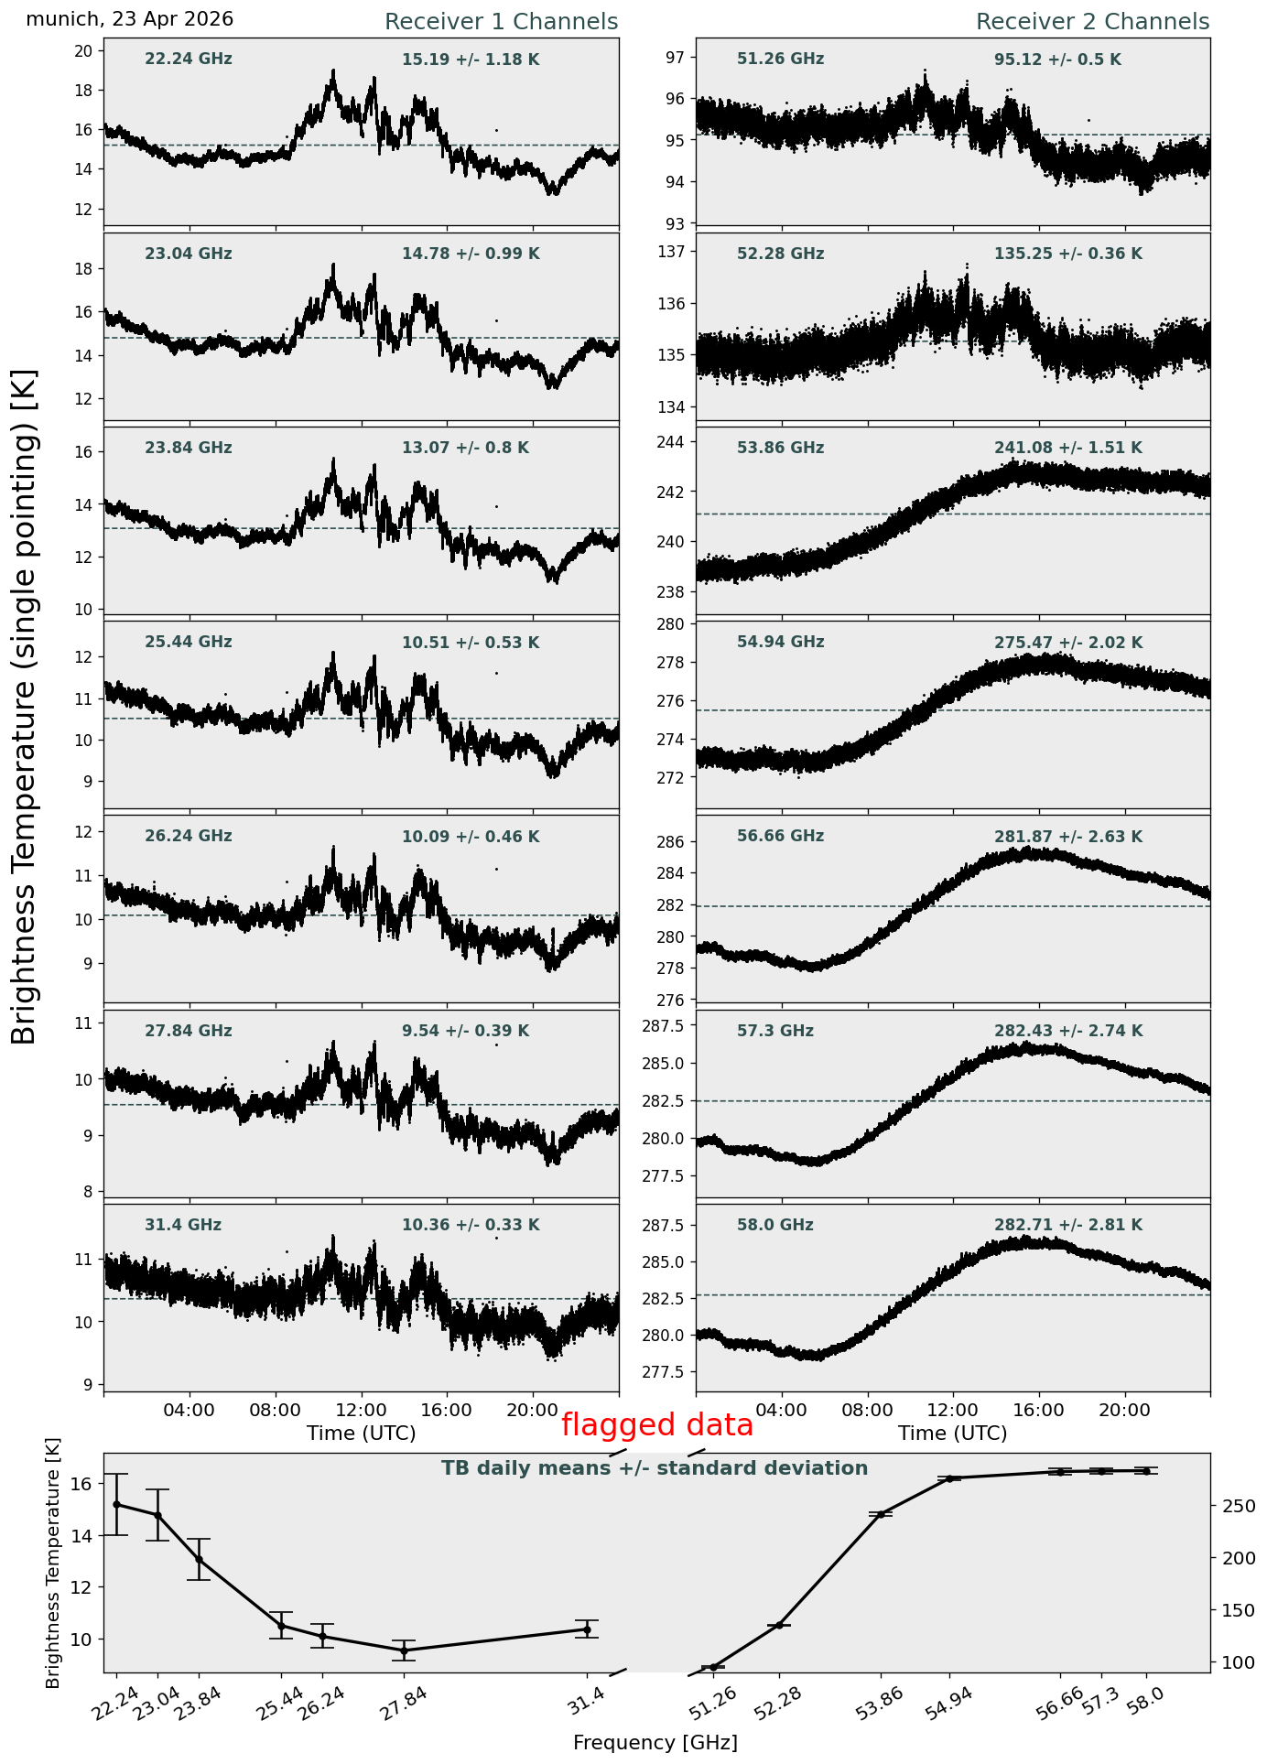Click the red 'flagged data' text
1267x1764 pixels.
point(657,1425)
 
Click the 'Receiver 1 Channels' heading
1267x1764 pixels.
point(502,22)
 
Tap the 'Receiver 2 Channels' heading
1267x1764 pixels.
point(1093,22)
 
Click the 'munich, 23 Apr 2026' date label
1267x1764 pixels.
point(130,19)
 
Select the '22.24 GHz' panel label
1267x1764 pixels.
point(189,60)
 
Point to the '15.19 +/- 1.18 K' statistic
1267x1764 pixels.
point(471,60)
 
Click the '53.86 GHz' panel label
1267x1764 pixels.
point(781,448)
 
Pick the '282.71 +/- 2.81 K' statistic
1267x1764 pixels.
point(1068,1225)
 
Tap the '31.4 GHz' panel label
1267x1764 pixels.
point(183,1225)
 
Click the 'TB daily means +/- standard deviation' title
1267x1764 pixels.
point(655,1468)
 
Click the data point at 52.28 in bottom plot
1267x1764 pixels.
point(779,1625)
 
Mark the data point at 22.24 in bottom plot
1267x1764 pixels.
point(116,1504)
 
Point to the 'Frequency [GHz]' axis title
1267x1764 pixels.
point(655,1742)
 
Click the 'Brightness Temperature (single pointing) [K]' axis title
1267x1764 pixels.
point(25,706)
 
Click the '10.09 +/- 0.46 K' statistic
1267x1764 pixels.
point(471,837)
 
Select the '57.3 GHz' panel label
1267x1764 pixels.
point(775,1031)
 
